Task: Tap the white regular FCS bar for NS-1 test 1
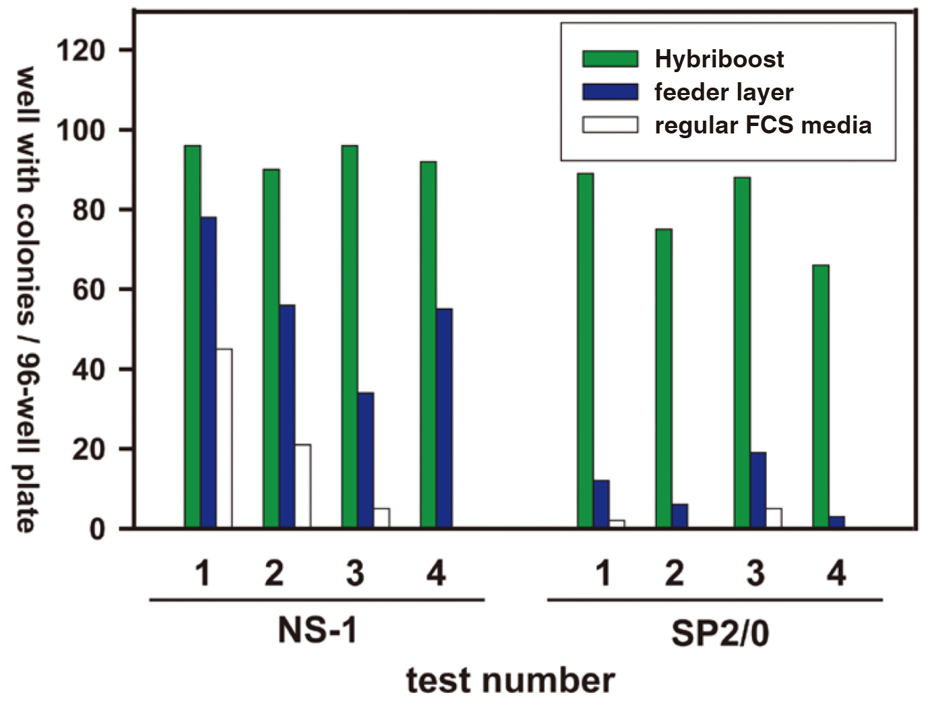tap(224, 438)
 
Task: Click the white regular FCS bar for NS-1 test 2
tap(303, 486)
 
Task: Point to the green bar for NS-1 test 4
tap(428, 344)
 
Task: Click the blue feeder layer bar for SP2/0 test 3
tap(758, 490)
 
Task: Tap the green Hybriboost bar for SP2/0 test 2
tap(663, 378)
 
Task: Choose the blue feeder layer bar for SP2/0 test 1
tap(601, 504)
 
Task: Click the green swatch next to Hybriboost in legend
tap(610, 59)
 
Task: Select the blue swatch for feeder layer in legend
tap(610, 92)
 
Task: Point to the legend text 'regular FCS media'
tap(763, 125)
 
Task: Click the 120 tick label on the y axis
tap(80, 51)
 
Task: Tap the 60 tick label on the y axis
tap(88, 290)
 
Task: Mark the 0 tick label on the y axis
tap(97, 529)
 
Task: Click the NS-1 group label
tap(317, 631)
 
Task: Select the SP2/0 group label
tap(719, 634)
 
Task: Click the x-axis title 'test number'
tap(510, 680)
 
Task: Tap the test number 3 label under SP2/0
tap(755, 574)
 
